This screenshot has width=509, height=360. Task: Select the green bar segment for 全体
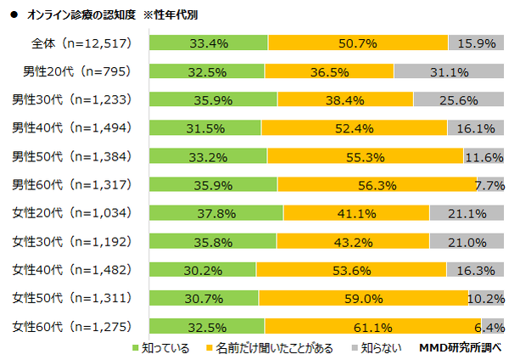click(208, 42)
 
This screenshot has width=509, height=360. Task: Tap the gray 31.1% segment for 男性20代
click(449, 71)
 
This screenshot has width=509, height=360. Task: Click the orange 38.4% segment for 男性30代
click(345, 99)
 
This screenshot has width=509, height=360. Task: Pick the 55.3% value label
click(366, 156)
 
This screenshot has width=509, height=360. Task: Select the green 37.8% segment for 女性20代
click(215, 213)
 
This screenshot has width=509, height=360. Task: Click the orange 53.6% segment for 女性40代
click(350, 270)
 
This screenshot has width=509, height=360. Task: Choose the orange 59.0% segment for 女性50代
click(363, 298)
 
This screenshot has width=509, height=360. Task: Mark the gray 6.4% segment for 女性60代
click(494, 326)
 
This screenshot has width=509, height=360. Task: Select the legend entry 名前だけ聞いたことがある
click(268, 348)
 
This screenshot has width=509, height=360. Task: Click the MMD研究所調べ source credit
click(461, 348)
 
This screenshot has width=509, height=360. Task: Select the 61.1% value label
click(372, 326)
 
